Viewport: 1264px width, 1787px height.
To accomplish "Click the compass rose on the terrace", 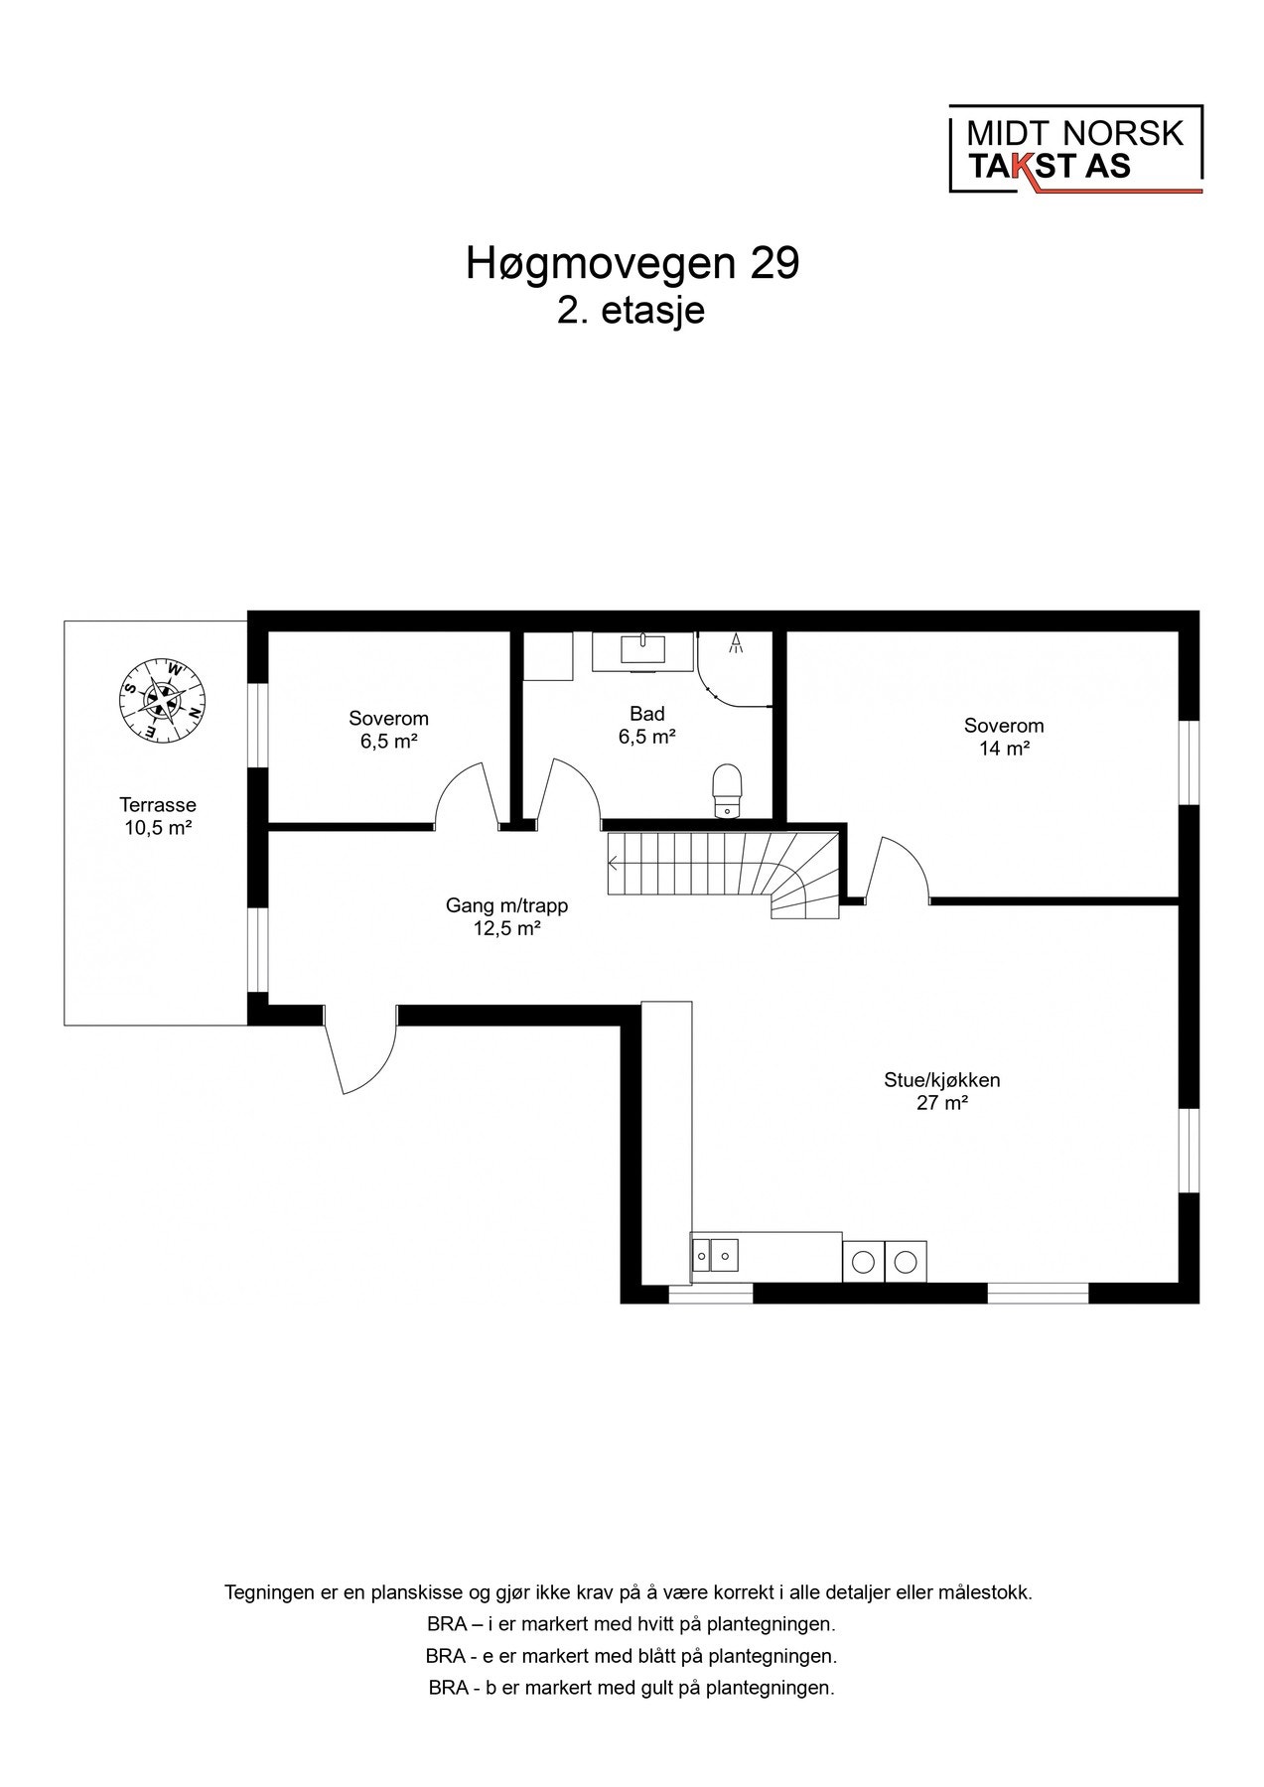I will coord(162,698).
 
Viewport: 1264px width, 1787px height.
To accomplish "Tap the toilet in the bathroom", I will coord(728,789).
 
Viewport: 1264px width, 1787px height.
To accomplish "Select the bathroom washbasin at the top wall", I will coord(643,649).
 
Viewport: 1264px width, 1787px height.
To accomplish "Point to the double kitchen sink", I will coord(715,1257).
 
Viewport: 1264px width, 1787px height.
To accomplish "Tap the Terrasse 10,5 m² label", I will coord(158,816).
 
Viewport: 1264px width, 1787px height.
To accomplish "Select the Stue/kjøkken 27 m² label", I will coord(941,1090).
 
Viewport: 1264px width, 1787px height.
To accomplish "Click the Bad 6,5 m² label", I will coord(646,725).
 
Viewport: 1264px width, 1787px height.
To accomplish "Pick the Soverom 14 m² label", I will coord(1003,737).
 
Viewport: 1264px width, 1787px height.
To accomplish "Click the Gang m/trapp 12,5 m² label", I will coord(506,917).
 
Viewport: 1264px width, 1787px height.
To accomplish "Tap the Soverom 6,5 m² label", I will coord(388,729).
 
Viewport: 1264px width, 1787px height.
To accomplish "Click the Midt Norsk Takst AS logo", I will coord(1075,149).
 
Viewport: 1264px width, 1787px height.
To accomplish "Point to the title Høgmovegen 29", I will coord(632,264).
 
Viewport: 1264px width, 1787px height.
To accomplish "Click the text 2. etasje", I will coord(632,311).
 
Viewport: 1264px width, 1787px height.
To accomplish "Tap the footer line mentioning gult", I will coord(632,1688).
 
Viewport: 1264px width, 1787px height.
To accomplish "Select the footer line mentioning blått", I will coord(632,1656).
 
